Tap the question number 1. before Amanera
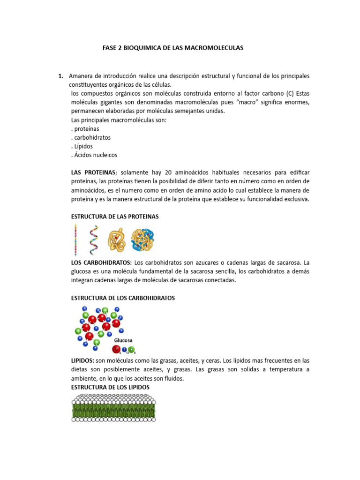[61, 75]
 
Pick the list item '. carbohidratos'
[90, 137]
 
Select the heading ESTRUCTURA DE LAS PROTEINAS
[115, 217]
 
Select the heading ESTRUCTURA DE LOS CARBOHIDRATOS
[123, 298]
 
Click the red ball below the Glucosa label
[116, 349]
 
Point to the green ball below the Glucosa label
[131, 349]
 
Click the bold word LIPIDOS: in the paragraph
[82, 361]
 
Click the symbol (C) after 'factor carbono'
[290, 93]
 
